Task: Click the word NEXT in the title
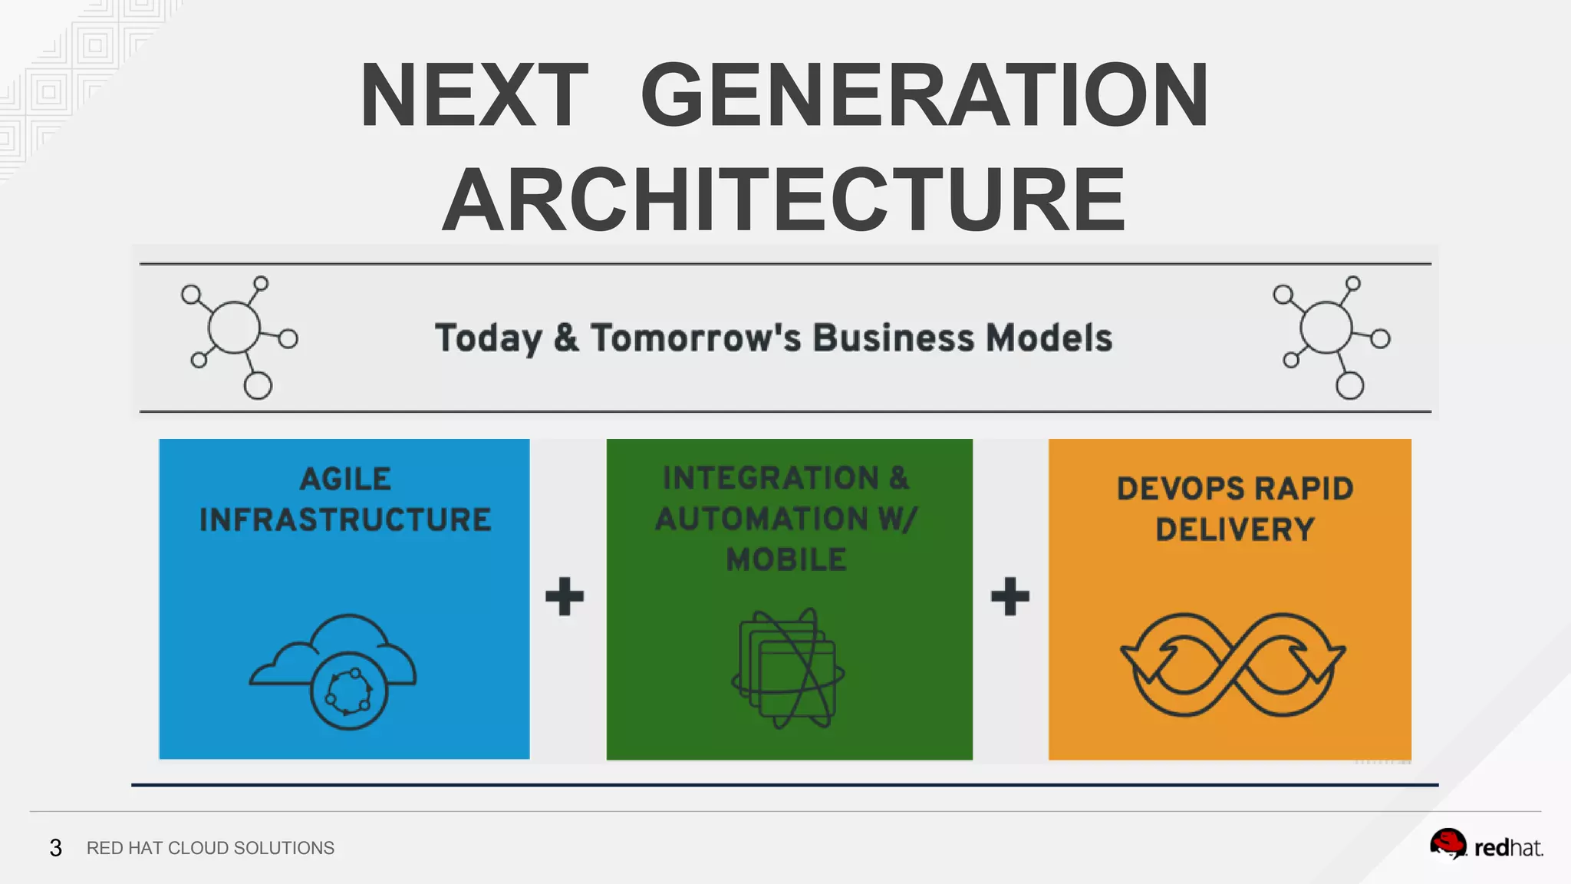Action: point(473,96)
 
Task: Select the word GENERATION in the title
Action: point(924,96)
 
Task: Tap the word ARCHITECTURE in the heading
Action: point(784,200)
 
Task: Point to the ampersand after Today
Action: point(566,338)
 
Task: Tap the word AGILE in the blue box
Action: point(345,480)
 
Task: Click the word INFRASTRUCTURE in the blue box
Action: point(345,520)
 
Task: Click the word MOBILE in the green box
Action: point(787,560)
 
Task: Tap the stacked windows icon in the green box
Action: point(788,668)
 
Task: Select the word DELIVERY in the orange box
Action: point(1235,529)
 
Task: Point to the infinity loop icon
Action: point(1233,665)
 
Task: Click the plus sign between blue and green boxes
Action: point(565,596)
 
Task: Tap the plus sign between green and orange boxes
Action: point(1010,596)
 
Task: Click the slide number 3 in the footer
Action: point(55,848)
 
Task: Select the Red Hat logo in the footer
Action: point(1486,846)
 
